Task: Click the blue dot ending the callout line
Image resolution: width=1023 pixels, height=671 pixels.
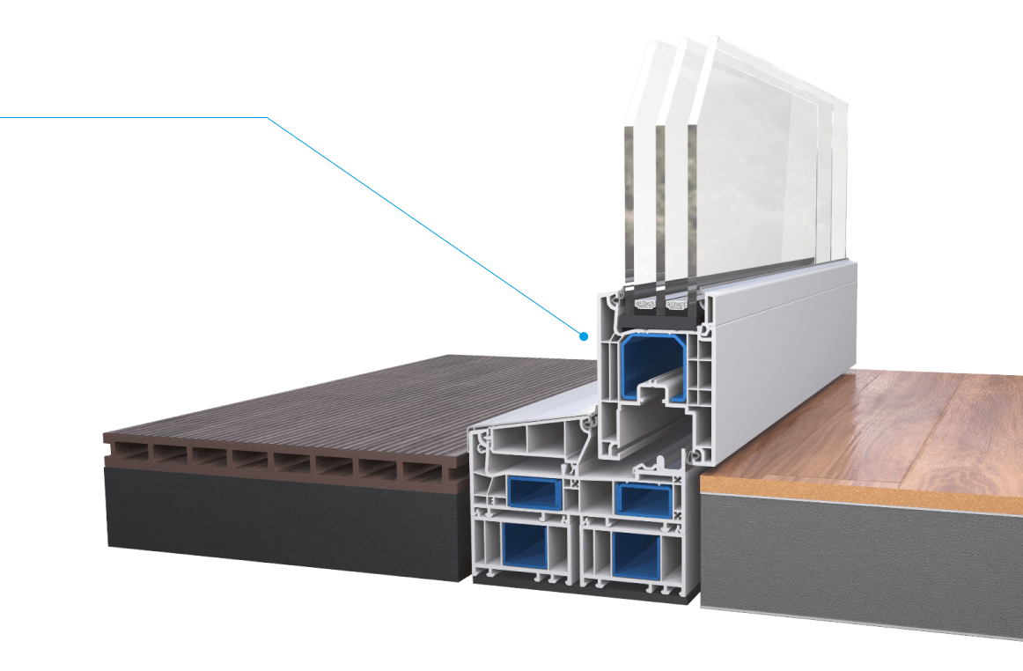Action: pos(583,336)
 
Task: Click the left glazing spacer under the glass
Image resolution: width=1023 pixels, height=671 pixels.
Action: pos(646,305)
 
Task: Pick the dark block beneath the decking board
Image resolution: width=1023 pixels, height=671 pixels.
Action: pos(282,520)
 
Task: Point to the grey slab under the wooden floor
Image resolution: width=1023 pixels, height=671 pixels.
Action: pos(863,564)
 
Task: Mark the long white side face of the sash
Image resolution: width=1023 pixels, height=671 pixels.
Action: pos(775,352)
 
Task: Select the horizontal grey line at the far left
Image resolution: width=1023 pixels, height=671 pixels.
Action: pos(132,117)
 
